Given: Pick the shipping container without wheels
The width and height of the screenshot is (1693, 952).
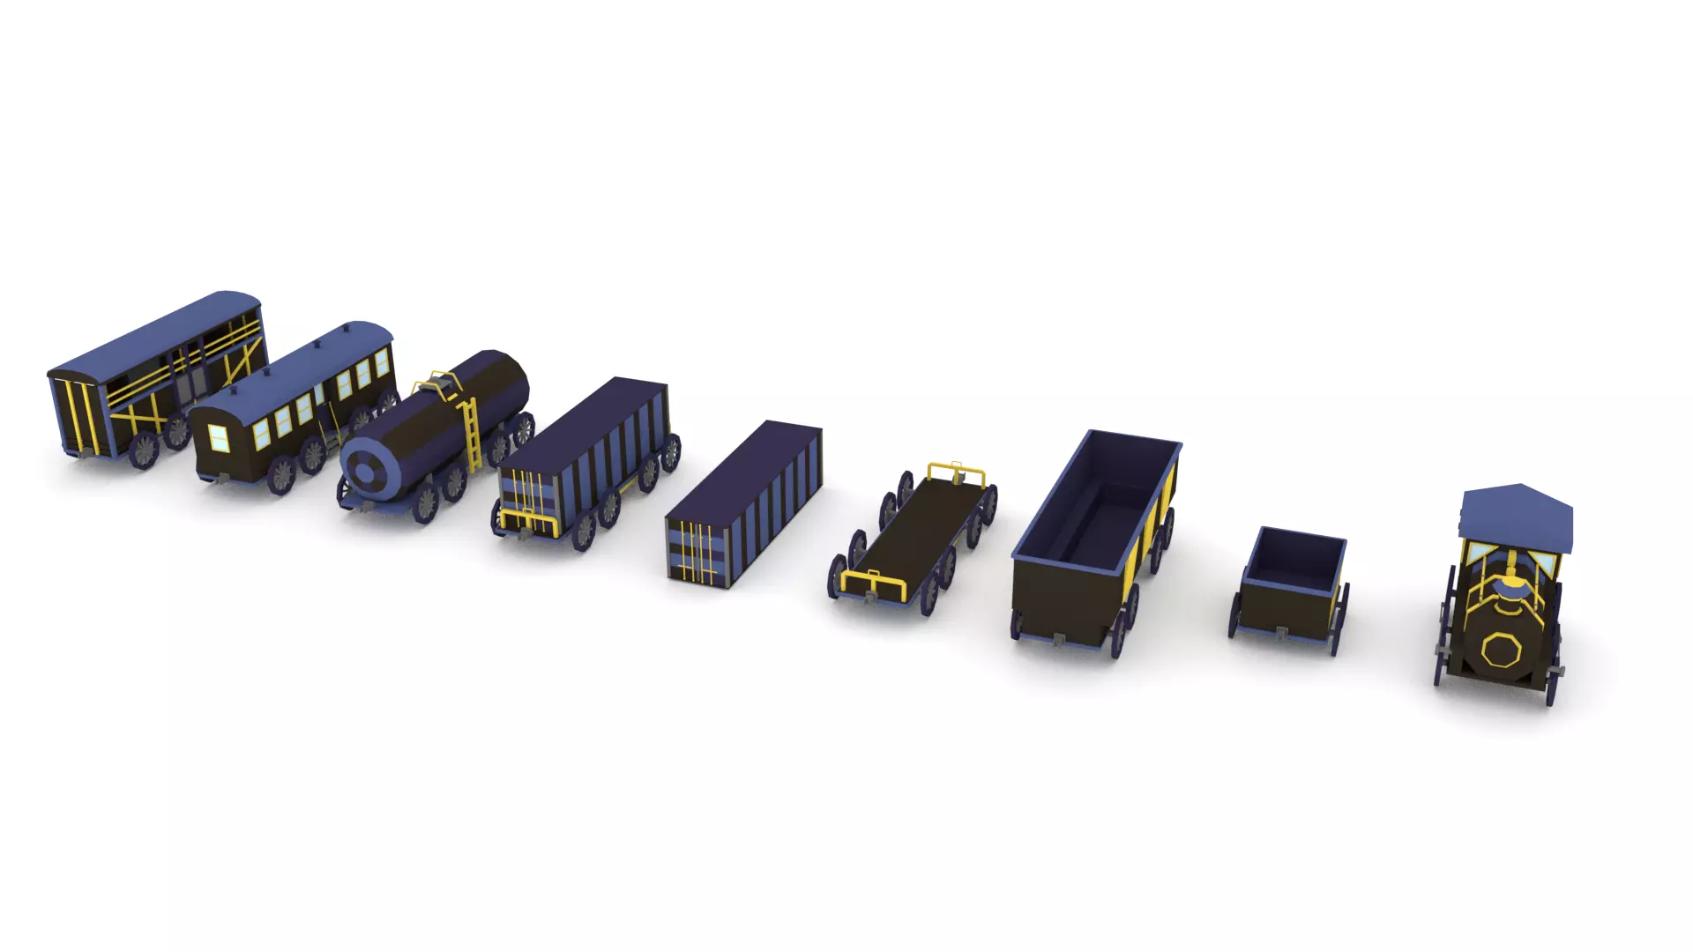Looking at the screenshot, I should pyautogui.click(x=745, y=502).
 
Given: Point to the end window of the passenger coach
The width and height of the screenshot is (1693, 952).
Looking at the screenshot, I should pyautogui.click(x=217, y=437).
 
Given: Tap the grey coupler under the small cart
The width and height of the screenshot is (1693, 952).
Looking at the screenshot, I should pyautogui.click(x=1280, y=633).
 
